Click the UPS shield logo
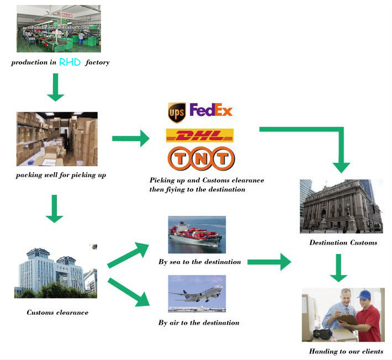(177, 113)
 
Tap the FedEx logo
(211, 110)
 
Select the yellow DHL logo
(200, 135)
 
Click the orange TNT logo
(202, 158)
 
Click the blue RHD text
(70, 62)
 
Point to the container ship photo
(197, 235)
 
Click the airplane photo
(197, 294)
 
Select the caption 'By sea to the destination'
(200, 262)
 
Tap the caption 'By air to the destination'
(199, 323)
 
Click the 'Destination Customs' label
(343, 242)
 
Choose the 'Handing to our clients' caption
(346, 351)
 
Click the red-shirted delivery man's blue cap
(364, 294)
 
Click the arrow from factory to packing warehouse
(56, 87)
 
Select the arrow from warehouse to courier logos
(131, 138)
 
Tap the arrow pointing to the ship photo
(128, 255)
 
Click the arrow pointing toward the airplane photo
(129, 293)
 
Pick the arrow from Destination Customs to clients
(338, 268)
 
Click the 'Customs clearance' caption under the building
(57, 313)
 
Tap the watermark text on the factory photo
(59, 27)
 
